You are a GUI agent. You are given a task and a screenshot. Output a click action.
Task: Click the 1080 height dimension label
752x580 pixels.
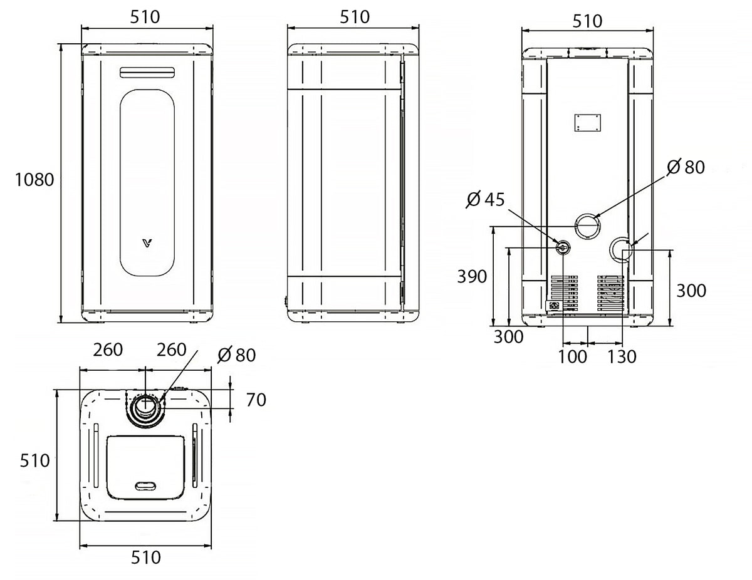(x=34, y=180)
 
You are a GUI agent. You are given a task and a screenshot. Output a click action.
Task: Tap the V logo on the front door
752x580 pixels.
(x=148, y=243)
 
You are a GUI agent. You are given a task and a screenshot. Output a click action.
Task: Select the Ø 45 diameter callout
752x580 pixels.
(x=486, y=200)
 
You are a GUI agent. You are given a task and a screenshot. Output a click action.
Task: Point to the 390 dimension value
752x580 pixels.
(x=472, y=276)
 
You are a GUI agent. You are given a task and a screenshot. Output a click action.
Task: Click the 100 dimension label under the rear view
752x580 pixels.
(x=572, y=356)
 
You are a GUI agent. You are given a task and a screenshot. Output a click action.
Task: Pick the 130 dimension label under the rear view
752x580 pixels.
(x=622, y=356)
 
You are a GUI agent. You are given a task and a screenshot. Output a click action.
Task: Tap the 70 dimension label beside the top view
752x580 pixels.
(x=256, y=400)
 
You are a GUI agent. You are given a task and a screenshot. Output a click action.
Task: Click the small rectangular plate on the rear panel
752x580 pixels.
(x=587, y=123)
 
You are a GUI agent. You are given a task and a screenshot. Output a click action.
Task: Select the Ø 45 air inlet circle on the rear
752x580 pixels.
(x=562, y=247)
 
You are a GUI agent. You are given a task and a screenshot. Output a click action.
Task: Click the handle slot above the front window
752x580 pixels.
(x=147, y=72)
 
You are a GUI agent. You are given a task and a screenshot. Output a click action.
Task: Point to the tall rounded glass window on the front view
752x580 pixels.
(x=147, y=183)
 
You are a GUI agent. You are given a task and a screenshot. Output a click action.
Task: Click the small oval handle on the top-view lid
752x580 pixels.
(x=145, y=486)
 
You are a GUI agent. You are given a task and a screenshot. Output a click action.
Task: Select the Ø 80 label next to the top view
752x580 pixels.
(x=237, y=355)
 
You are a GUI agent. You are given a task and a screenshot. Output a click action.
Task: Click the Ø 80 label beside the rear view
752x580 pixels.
(x=686, y=167)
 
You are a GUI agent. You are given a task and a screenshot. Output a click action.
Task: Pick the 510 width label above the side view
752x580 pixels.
(x=354, y=17)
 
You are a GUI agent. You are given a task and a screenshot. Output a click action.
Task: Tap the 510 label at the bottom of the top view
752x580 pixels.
(x=145, y=567)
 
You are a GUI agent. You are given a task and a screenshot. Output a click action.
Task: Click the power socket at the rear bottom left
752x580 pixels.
(x=554, y=306)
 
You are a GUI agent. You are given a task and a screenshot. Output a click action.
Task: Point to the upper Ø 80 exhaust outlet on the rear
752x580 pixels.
(x=587, y=226)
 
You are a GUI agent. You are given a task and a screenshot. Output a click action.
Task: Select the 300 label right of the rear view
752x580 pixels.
(x=691, y=291)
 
